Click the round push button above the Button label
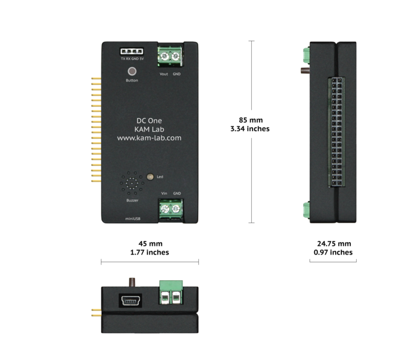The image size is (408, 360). (132, 71)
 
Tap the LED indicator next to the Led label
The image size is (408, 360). (150, 177)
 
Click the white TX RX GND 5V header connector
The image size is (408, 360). (132, 51)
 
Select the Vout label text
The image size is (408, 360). (164, 74)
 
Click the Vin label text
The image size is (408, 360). (164, 193)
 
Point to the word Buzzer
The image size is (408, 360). (132, 200)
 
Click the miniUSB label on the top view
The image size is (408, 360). (133, 219)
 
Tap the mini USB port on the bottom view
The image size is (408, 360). (131, 301)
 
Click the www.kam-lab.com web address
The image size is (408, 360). (149, 138)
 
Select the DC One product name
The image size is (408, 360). (149, 121)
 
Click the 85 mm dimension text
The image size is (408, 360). (251, 120)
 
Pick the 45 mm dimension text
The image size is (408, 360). (150, 243)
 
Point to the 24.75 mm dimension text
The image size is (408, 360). (334, 243)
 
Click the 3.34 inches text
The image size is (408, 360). (250, 129)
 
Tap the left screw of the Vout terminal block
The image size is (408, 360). (165, 56)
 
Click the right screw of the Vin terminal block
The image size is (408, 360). (176, 209)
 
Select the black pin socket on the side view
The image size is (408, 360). (337, 132)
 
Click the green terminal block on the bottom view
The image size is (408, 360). (171, 292)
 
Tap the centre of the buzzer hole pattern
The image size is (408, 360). (132, 183)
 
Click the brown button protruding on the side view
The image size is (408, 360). (305, 70)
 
